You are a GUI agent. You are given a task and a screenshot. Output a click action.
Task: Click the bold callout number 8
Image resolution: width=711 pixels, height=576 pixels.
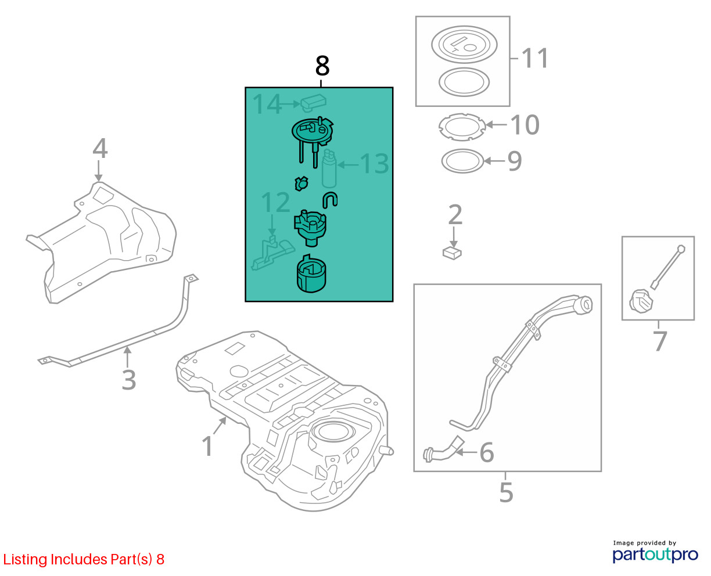tap(322, 66)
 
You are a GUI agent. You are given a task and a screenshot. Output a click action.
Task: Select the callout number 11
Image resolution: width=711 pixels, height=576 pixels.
tap(535, 59)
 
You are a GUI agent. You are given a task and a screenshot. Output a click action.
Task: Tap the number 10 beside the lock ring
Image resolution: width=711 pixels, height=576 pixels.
tap(525, 124)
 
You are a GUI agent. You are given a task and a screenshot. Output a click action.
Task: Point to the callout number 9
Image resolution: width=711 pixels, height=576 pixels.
tap(515, 161)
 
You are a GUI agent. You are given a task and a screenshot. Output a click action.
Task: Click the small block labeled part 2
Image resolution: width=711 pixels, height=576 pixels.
tap(452, 253)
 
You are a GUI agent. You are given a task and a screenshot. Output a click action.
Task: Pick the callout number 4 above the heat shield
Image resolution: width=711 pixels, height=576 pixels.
tap(100, 149)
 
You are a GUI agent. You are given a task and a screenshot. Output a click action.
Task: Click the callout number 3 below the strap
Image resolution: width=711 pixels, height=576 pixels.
tap(128, 380)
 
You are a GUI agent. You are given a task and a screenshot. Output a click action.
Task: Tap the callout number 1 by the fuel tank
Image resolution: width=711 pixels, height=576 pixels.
tap(207, 446)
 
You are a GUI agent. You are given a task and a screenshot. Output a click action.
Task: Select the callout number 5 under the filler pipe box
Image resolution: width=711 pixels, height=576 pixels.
tap(506, 492)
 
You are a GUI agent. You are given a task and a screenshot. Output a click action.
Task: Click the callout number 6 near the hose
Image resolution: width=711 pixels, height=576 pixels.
tap(486, 452)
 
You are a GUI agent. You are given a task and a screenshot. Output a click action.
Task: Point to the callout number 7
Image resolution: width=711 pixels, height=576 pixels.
tap(660, 341)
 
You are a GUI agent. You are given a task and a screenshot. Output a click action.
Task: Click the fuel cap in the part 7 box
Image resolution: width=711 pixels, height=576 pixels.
tap(640, 301)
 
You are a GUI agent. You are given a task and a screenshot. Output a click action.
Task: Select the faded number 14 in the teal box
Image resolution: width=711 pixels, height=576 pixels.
tap(267, 104)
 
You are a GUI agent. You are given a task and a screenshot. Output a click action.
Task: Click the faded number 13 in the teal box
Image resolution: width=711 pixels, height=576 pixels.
tap(374, 164)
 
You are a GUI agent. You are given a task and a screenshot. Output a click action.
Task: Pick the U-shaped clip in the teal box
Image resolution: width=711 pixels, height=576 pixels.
tap(330, 200)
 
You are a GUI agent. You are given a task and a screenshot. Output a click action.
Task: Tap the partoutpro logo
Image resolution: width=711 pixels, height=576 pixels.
tap(655, 555)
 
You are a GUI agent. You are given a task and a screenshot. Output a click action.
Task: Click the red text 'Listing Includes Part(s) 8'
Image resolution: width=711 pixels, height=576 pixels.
tap(84, 559)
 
